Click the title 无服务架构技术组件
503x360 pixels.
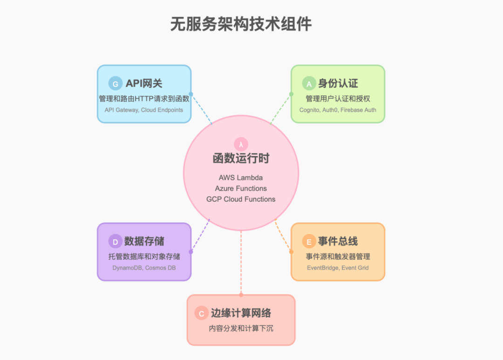241,24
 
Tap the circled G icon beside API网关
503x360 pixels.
115,84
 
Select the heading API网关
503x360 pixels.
144,84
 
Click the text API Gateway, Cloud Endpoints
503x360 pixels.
144,110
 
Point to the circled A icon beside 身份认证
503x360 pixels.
308,84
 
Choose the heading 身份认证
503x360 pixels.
338,84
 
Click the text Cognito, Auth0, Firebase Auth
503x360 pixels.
338,110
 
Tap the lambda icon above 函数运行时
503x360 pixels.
241,143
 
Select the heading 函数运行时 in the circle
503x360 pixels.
241,158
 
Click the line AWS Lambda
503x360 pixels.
241,178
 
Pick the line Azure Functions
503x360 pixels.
241,189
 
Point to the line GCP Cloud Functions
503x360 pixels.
241,199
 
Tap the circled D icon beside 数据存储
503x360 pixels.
115,241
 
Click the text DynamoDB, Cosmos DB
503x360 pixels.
144,268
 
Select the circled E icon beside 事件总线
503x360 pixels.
308,241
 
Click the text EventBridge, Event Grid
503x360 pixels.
338,268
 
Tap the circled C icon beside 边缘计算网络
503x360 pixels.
201,313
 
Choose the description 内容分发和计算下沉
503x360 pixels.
241,328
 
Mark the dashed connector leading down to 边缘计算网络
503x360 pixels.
241,263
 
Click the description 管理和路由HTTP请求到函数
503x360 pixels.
144,98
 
